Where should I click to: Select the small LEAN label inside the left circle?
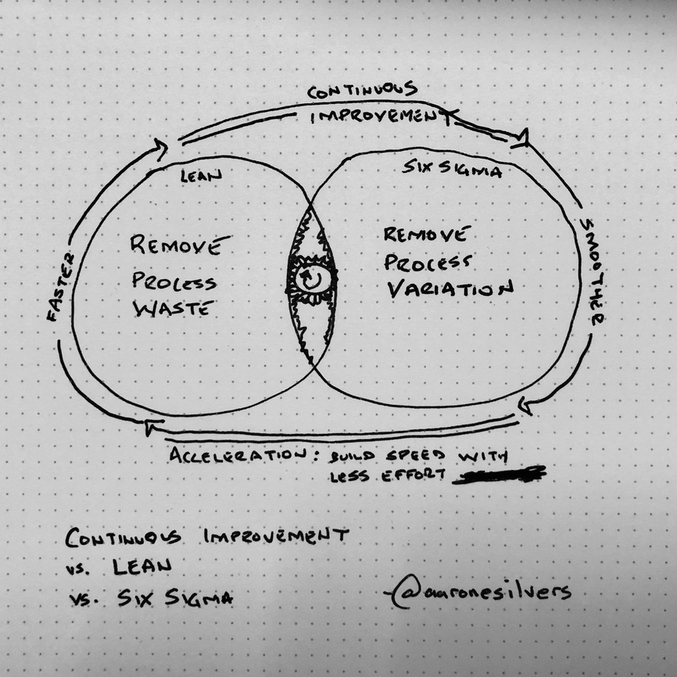[201, 176]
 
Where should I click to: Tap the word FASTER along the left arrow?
[59, 287]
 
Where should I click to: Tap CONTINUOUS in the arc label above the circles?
[362, 91]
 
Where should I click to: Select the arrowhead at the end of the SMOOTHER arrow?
[526, 405]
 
